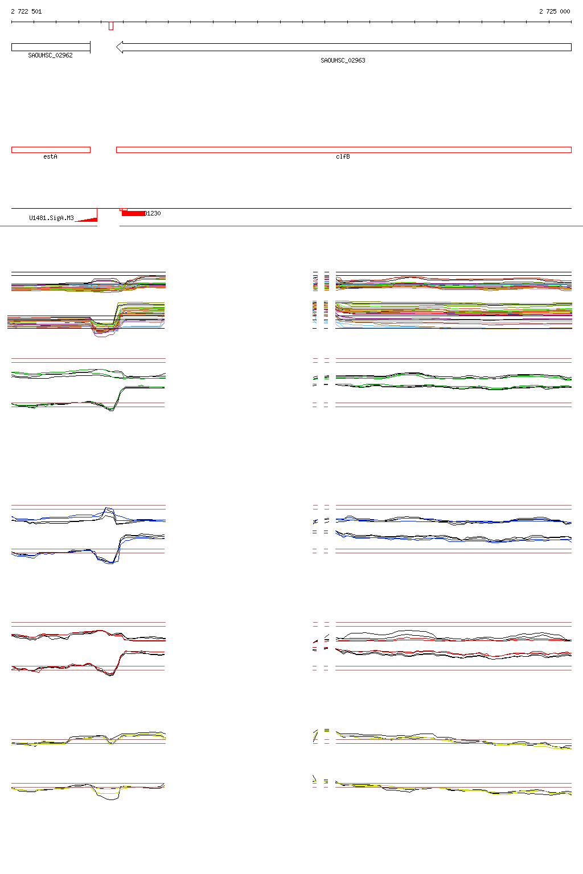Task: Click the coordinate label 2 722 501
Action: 26,11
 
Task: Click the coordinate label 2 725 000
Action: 554,11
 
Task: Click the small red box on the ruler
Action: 111,26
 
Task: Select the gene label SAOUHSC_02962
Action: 50,56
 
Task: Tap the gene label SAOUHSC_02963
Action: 343,60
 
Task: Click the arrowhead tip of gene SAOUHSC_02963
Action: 117,47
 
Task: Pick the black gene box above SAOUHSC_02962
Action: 50,47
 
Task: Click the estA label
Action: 50,156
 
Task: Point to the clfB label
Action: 343,156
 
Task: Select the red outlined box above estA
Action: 51,150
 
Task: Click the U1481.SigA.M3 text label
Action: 51,218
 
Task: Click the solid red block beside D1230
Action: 133,213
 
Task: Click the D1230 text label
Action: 153,213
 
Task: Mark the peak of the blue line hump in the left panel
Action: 107,508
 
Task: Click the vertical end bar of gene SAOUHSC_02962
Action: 91,47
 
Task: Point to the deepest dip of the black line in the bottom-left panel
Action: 112,800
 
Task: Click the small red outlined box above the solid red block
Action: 124,210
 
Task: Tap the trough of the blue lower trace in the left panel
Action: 112,563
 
